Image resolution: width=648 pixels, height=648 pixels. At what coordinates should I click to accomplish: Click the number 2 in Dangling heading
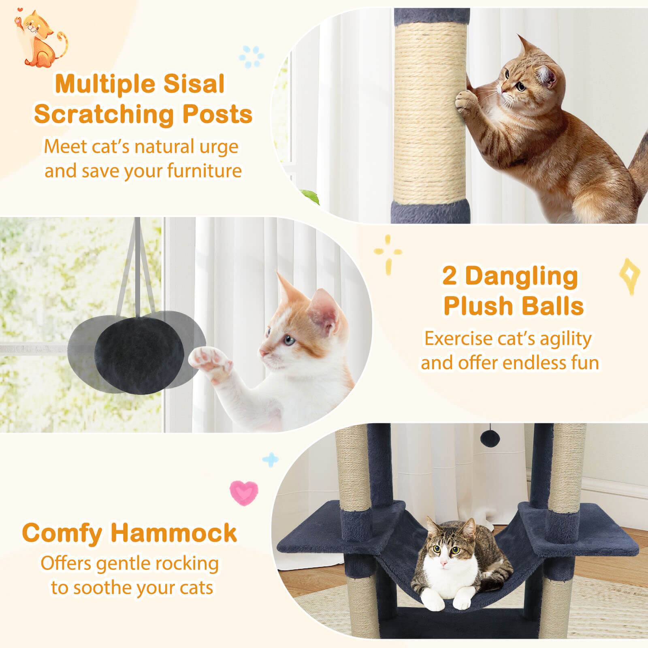(449, 276)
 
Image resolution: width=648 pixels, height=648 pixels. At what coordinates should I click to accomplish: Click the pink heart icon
(243, 491)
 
